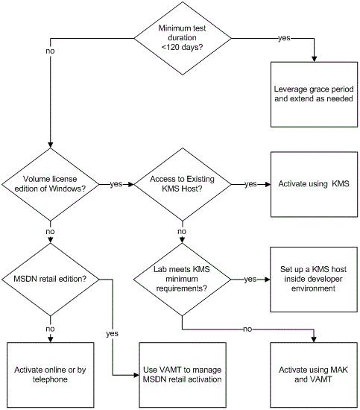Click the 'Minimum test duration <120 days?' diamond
pyautogui.click(x=183, y=38)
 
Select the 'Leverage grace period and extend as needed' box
pyautogui.click(x=314, y=95)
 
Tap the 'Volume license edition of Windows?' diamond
pyautogui.click(x=50, y=184)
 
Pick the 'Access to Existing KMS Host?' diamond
pyautogui.click(x=183, y=184)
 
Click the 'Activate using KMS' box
pyautogui.click(x=314, y=184)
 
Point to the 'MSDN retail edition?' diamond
pyautogui.click(x=50, y=280)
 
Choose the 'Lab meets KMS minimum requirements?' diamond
pyautogui.click(x=182, y=280)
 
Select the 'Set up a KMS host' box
pyautogui.click(x=314, y=280)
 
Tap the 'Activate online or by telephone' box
pyautogui.click(x=50, y=375)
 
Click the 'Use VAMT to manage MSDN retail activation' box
pyautogui.click(x=183, y=375)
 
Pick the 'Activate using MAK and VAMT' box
pyautogui.click(x=314, y=375)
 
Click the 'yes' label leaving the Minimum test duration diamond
pyautogui.click(x=284, y=38)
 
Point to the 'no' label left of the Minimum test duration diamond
pyautogui.click(x=50, y=51)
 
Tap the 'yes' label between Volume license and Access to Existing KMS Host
pyautogui.click(x=116, y=184)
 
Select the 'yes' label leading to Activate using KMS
pyautogui.click(x=250, y=184)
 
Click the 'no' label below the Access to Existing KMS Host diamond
pyautogui.click(x=182, y=231)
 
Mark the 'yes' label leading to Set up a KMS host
pyautogui.click(x=250, y=280)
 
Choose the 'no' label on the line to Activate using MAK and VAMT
pyautogui.click(x=247, y=329)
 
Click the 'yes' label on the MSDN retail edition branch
pyautogui.click(x=112, y=334)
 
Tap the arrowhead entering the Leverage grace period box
pyautogui.click(x=314, y=59)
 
